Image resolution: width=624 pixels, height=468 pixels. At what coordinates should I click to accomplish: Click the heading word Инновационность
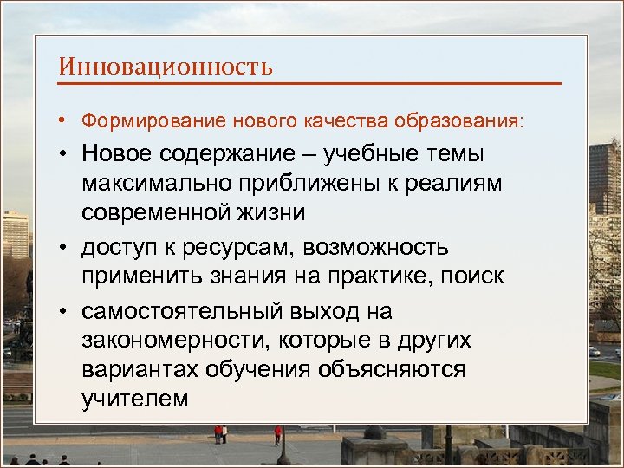click(x=166, y=67)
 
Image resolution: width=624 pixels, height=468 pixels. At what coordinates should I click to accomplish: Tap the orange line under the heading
click(x=309, y=84)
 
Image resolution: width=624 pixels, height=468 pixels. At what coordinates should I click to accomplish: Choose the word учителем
click(x=135, y=400)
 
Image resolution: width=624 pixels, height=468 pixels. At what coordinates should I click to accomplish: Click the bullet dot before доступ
click(x=67, y=247)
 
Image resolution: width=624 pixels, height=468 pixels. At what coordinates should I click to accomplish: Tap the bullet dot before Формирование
click(x=66, y=120)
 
